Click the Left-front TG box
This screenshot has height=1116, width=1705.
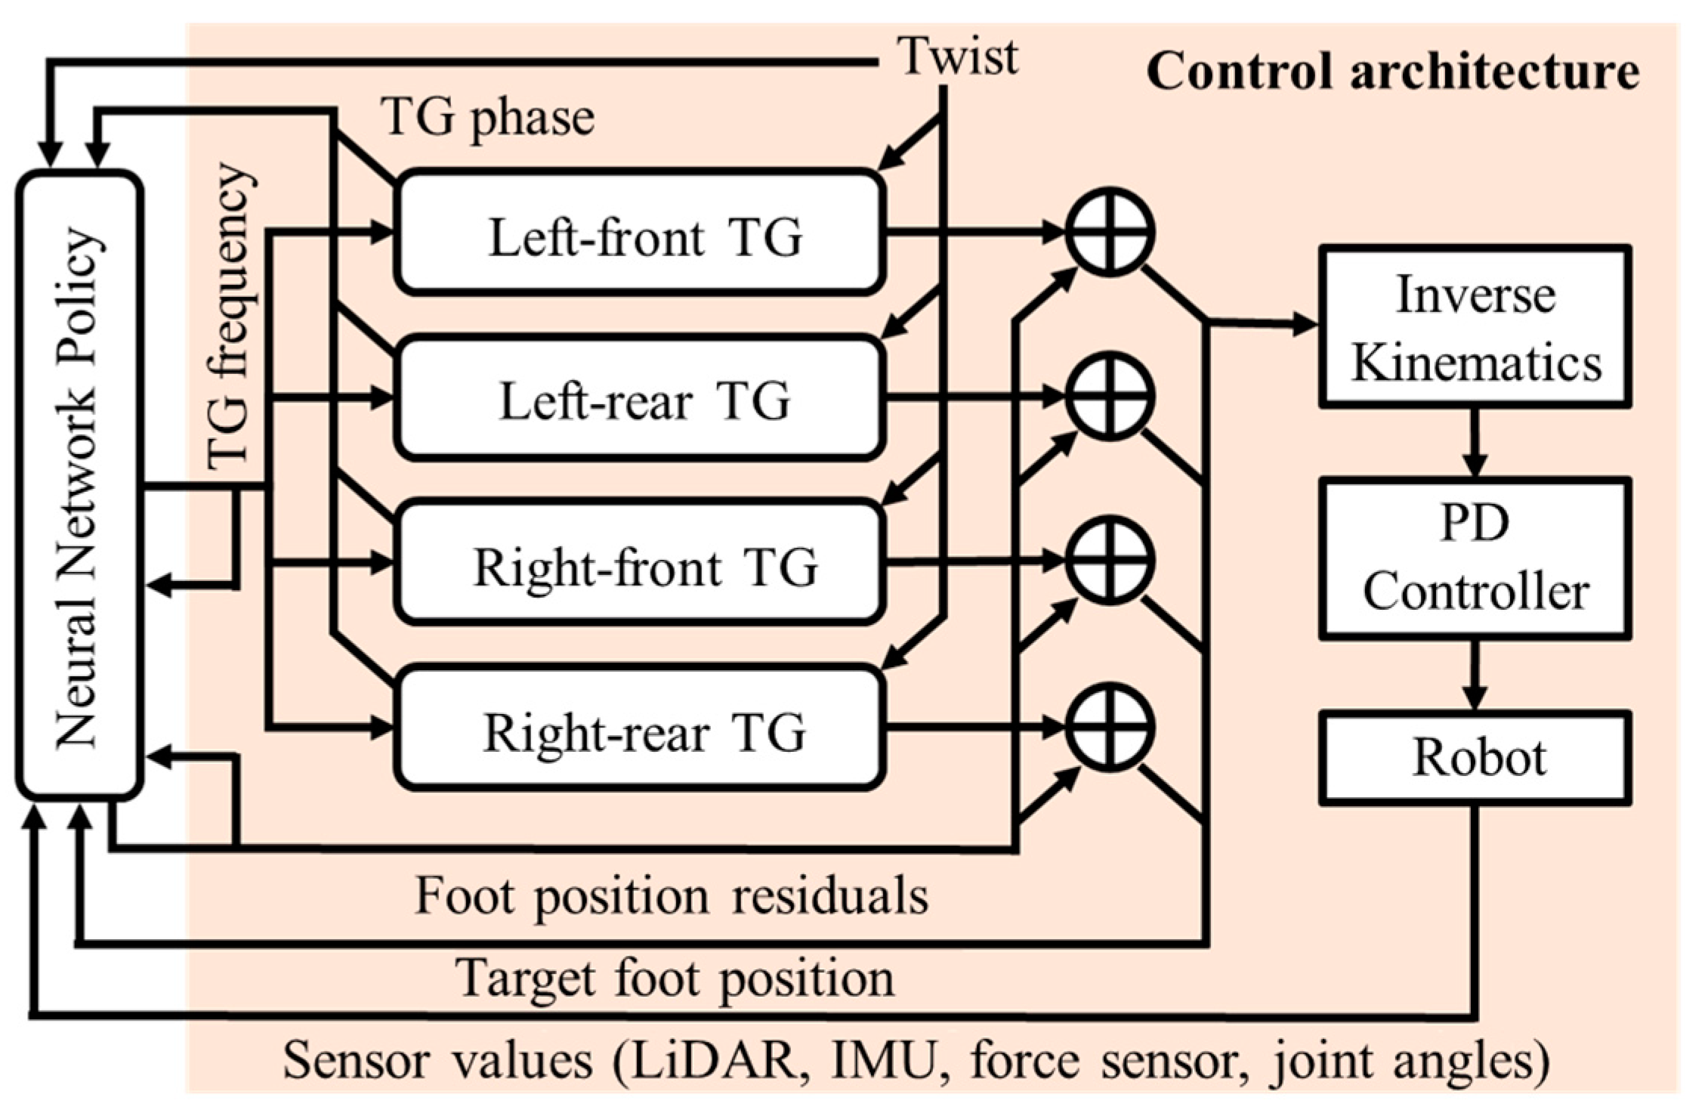(x=641, y=233)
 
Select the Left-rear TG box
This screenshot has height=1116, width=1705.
(x=641, y=398)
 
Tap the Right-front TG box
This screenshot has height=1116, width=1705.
(x=641, y=563)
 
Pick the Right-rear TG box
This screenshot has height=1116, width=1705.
(x=641, y=728)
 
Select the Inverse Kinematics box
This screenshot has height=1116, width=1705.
(x=1474, y=326)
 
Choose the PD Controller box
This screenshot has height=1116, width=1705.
(x=1474, y=559)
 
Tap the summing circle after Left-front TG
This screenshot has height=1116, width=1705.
(x=1110, y=231)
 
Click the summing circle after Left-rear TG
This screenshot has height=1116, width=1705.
(x=1110, y=396)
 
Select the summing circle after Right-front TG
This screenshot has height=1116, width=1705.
(x=1110, y=561)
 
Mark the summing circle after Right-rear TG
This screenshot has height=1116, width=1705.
(x=1110, y=727)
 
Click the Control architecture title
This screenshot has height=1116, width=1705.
(x=1392, y=73)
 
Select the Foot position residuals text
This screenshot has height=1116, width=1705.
(x=672, y=898)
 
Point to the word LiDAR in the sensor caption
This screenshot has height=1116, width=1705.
(x=715, y=1062)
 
